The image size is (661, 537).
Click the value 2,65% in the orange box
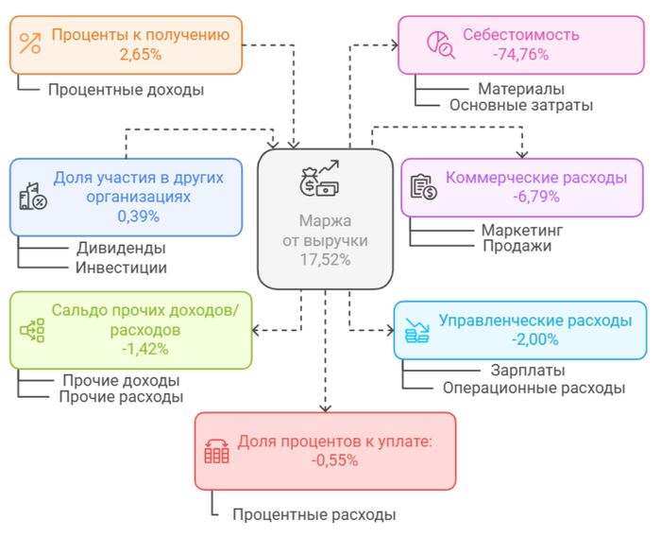click(140, 55)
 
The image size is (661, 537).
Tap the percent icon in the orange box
click(31, 43)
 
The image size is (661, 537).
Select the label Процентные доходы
click(126, 90)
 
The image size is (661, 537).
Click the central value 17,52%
click(325, 259)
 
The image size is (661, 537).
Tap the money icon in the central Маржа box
click(319, 181)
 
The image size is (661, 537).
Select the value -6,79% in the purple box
click(535, 197)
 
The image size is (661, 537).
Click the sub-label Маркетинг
click(521, 230)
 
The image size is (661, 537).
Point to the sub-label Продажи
click(517, 246)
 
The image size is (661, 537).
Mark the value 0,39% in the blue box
click(138, 216)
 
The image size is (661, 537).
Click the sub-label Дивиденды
click(121, 249)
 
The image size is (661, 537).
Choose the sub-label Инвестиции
click(121, 268)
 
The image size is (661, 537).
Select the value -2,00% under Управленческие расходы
click(534, 339)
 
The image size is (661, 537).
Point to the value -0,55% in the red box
click(334, 460)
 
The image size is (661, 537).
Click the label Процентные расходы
click(314, 514)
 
